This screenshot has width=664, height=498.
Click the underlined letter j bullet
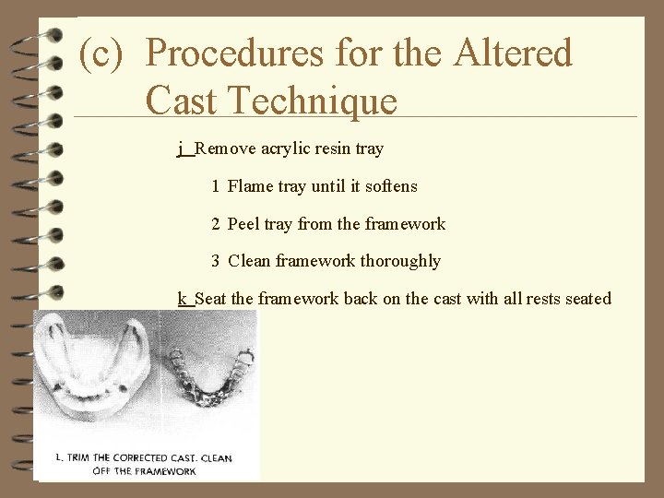[184, 148]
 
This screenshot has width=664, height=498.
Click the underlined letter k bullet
[184, 299]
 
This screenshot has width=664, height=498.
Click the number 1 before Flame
[215, 186]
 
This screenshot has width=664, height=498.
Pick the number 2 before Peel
[215, 224]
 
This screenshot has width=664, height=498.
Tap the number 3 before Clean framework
[215, 262]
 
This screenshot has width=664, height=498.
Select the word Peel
[243, 224]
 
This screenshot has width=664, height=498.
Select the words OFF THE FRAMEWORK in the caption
[144, 471]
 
